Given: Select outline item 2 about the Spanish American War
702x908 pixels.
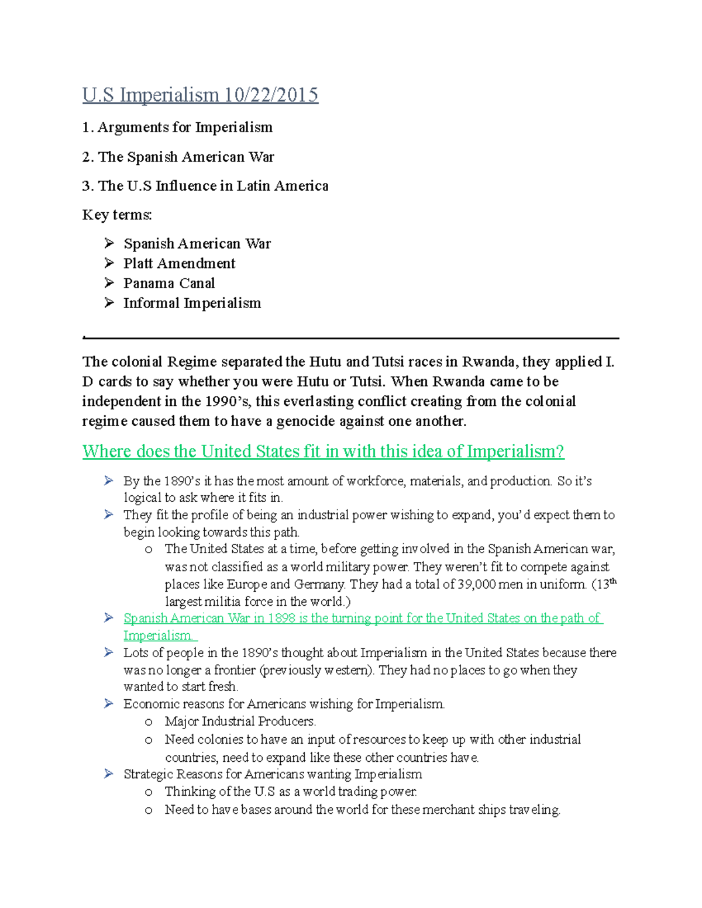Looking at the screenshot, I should pos(178,157).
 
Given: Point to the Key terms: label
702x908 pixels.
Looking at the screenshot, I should pos(117,215).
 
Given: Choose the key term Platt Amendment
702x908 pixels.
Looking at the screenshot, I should pos(179,264).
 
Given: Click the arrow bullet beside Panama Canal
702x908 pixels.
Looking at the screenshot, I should pos(109,283).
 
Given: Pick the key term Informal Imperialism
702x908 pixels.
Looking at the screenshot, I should pos(192,303).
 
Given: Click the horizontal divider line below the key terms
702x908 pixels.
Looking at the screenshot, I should pos(351,338).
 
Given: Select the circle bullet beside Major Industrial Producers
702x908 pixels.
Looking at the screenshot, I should pos(149,722).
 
